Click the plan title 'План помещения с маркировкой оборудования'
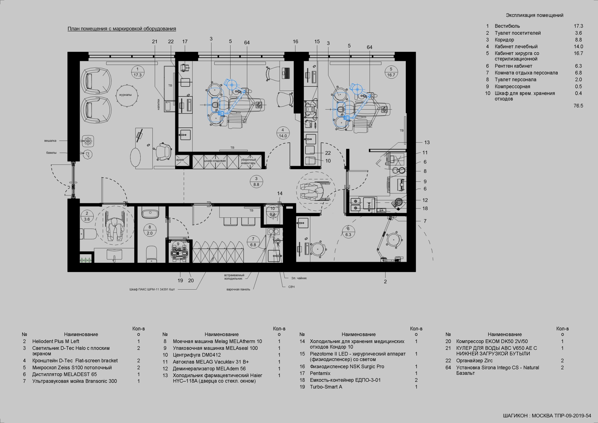point(122,29)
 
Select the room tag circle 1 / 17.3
point(138,72)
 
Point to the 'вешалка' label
point(50,141)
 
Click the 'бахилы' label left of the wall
point(51,153)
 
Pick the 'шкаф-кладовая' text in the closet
point(215,161)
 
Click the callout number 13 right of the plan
point(427,143)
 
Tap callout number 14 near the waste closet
point(280,193)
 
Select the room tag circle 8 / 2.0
point(150,230)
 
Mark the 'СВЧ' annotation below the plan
point(292,287)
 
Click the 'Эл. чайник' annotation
point(299,278)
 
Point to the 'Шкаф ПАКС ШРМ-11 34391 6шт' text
point(152,289)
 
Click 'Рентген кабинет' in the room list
point(513,66)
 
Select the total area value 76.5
point(578,106)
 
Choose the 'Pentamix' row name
point(320,373)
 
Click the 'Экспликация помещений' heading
point(535,15)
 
